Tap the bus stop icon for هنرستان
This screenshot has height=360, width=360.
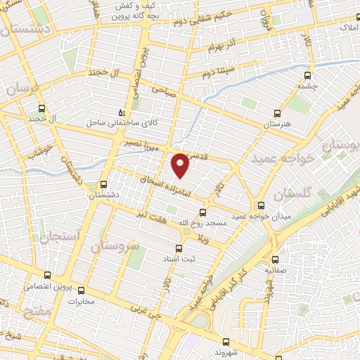coord(276,112)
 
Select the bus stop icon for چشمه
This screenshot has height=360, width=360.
coord(306,76)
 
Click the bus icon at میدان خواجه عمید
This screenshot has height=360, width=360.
coord(261,206)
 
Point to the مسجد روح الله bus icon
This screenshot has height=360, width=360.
coord(203,212)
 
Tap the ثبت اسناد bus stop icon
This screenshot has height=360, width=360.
coord(178,248)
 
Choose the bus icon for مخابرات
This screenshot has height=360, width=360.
coord(81,290)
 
